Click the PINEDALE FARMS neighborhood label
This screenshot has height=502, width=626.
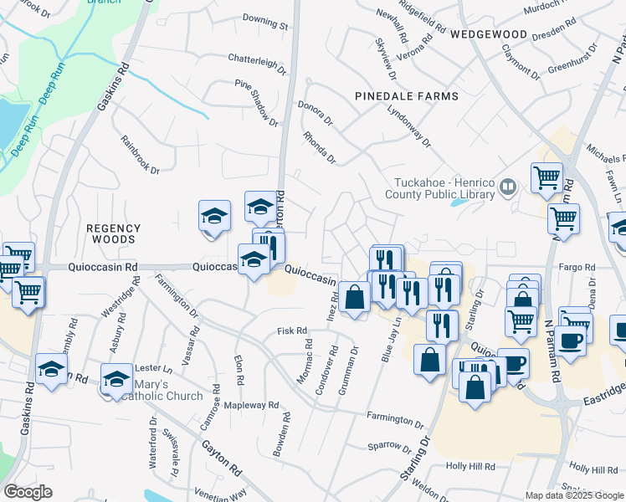pos(407,96)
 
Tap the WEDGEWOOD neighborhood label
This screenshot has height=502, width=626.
pos(489,35)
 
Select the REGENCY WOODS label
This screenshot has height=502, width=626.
pos(114,233)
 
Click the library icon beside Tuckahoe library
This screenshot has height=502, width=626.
pos(508,189)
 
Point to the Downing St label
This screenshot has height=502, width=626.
pos(265,18)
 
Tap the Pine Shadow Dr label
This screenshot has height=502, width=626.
pos(256,104)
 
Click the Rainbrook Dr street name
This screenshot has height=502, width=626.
pos(140,155)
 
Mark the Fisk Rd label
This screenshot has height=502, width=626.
pos(292,332)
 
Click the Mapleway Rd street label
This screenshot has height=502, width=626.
pos(251,405)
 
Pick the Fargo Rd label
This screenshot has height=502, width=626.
pos(578,268)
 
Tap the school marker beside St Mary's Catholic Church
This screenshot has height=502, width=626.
pos(116,377)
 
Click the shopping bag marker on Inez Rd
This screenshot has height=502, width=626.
pos(355,296)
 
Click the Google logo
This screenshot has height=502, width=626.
pos(28,492)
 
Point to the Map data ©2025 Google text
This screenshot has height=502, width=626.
pos(574,495)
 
